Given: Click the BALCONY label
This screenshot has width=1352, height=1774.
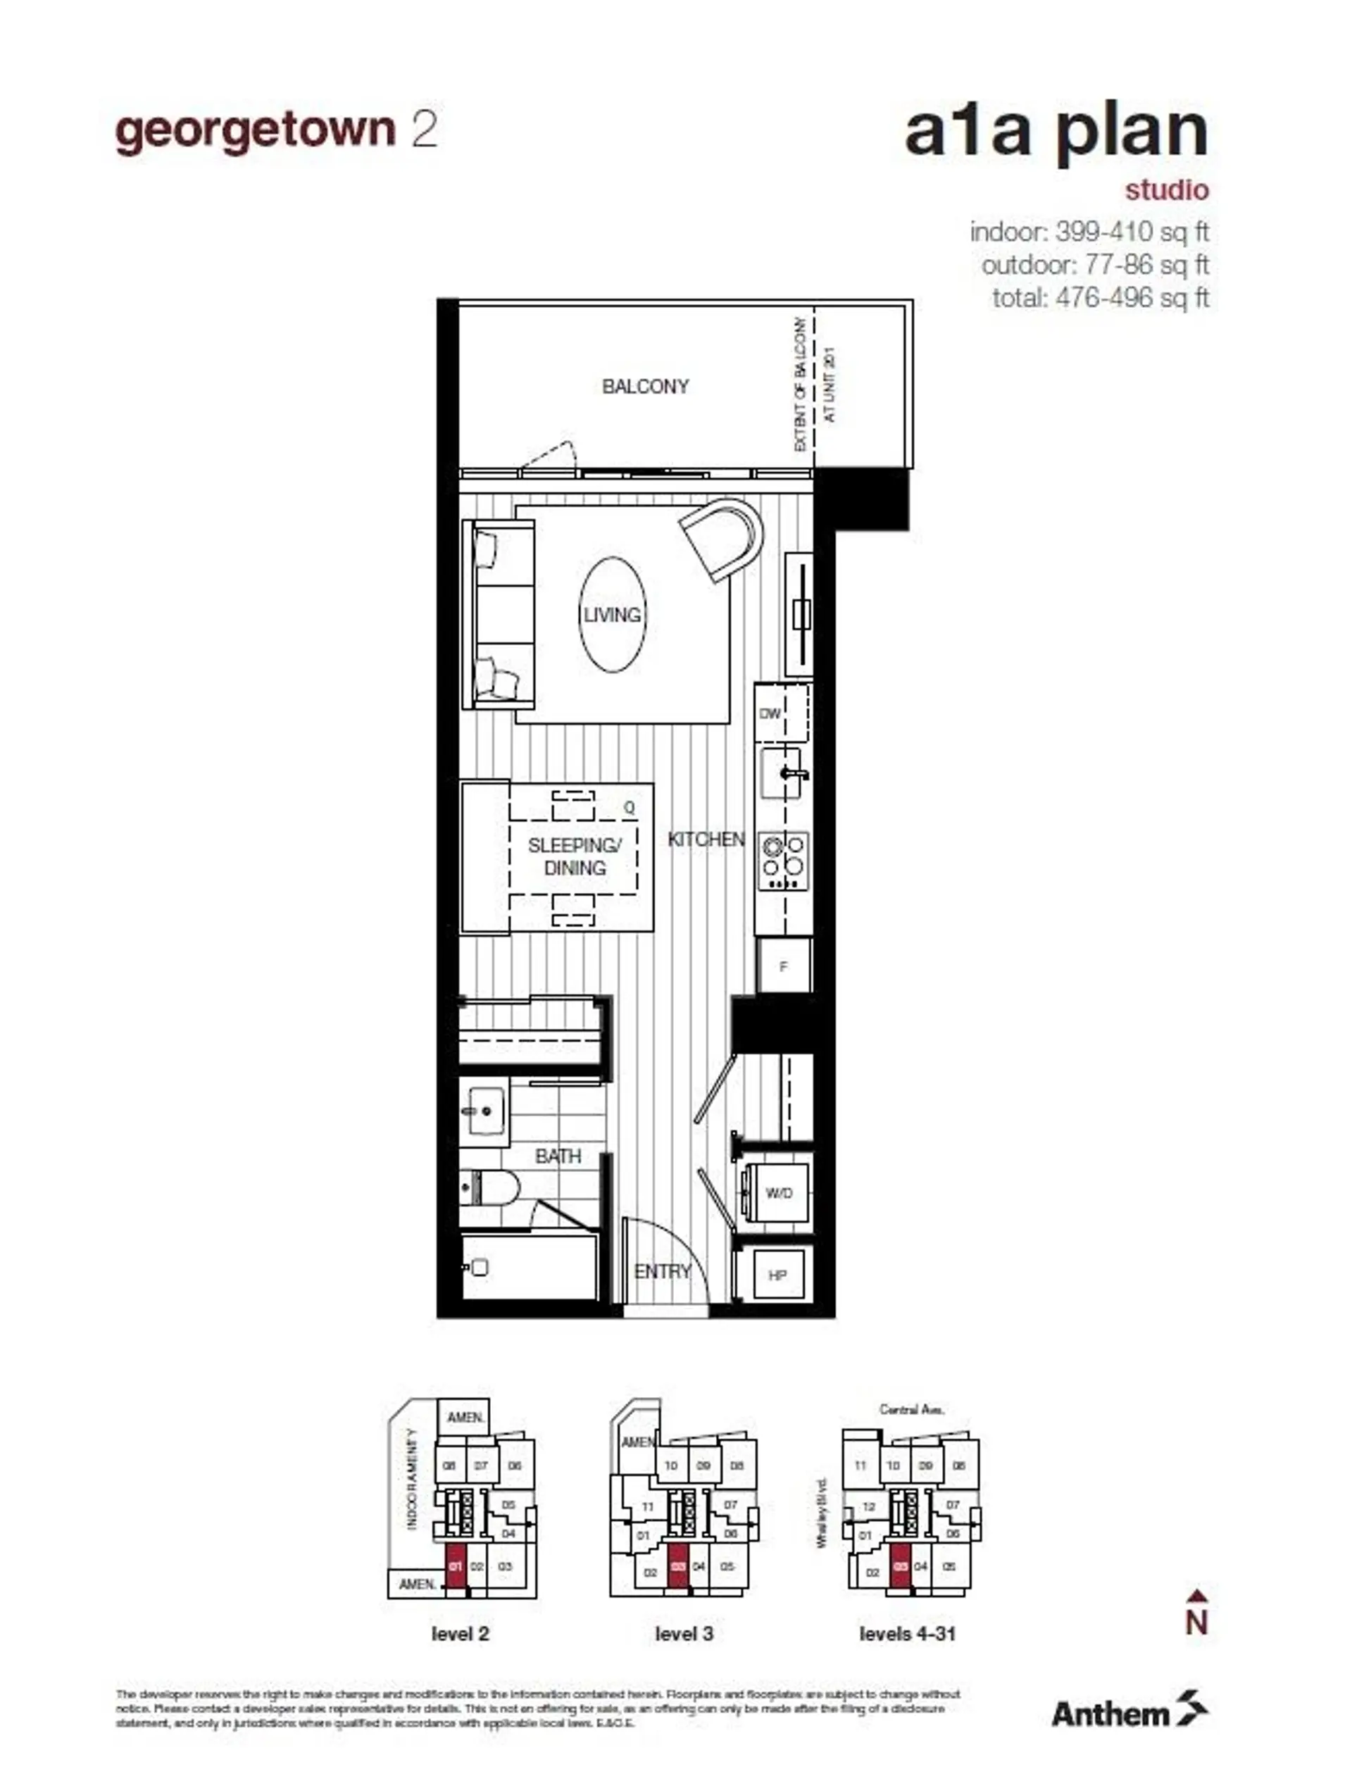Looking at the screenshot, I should click(x=646, y=387).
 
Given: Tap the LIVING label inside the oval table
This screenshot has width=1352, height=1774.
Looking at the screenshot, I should click(x=613, y=615).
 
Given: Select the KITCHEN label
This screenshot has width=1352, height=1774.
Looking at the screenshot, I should click(x=706, y=839).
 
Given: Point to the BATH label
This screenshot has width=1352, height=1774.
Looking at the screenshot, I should click(x=558, y=1156).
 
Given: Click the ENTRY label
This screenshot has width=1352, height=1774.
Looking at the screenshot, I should click(x=663, y=1271).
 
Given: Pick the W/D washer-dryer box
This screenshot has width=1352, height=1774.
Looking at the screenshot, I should click(x=778, y=1193).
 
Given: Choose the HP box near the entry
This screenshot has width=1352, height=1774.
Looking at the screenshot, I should click(x=777, y=1275).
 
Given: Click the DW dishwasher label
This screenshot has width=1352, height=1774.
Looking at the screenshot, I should click(x=770, y=713).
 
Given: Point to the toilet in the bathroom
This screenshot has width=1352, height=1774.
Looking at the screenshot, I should click(x=491, y=1188).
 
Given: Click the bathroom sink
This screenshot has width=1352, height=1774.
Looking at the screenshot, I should click(x=485, y=1111).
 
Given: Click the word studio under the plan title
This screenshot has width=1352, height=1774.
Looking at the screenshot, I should click(x=1166, y=191).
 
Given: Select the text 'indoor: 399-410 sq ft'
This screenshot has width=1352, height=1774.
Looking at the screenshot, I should click(x=1089, y=232).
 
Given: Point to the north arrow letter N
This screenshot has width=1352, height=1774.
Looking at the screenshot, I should click(x=1196, y=1623).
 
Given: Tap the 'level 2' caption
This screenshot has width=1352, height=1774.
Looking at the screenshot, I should click(x=461, y=1634).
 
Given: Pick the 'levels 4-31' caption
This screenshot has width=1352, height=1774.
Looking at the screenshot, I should click(x=907, y=1634).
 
